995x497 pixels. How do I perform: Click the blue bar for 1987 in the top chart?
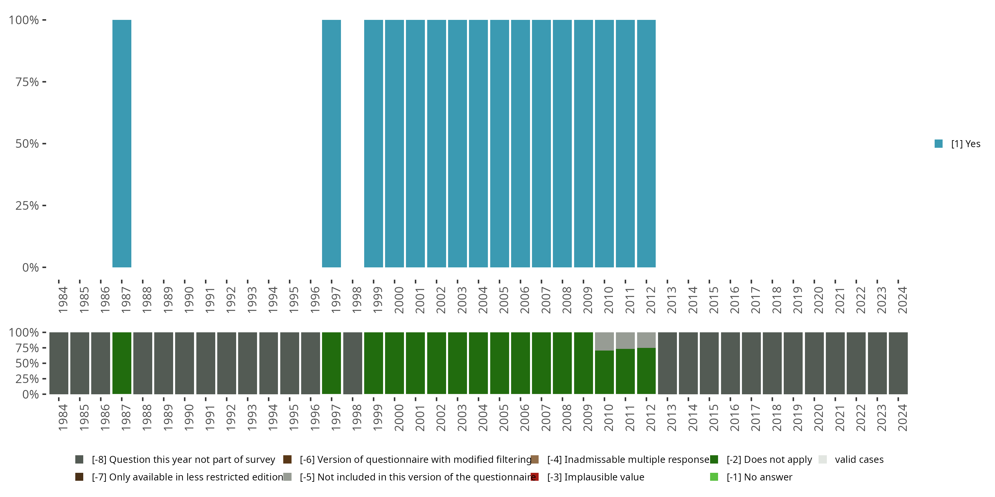[x=122, y=143]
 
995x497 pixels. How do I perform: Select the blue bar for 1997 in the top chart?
[x=331, y=143]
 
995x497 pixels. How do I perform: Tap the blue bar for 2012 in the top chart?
[x=646, y=143]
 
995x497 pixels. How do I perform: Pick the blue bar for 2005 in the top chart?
[x=499, y=143]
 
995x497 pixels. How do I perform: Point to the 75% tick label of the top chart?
[x=27, y=82]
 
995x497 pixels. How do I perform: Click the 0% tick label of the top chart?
[x=31, y=268]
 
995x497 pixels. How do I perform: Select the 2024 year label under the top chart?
[x=902, y=300]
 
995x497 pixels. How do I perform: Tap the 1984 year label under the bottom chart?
[x=63, y=417]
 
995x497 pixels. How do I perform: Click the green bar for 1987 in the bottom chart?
[x=122, y=363]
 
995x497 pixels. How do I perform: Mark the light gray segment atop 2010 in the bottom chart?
[x=604, y=341]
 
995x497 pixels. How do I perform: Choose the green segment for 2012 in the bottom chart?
[x=646, y=371]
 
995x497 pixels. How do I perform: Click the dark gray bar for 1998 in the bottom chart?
[x=353, y=363]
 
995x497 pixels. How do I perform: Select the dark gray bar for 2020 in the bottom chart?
[x=814, y=363]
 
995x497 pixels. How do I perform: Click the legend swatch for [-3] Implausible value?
[x=535, y=477]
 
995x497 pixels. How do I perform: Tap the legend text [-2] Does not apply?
[x=769, y=460]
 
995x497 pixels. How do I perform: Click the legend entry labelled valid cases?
[x=859, y=460]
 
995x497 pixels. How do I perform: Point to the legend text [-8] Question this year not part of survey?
[x=183, y=460]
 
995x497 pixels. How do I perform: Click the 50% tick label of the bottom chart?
[x=27, y=363]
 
